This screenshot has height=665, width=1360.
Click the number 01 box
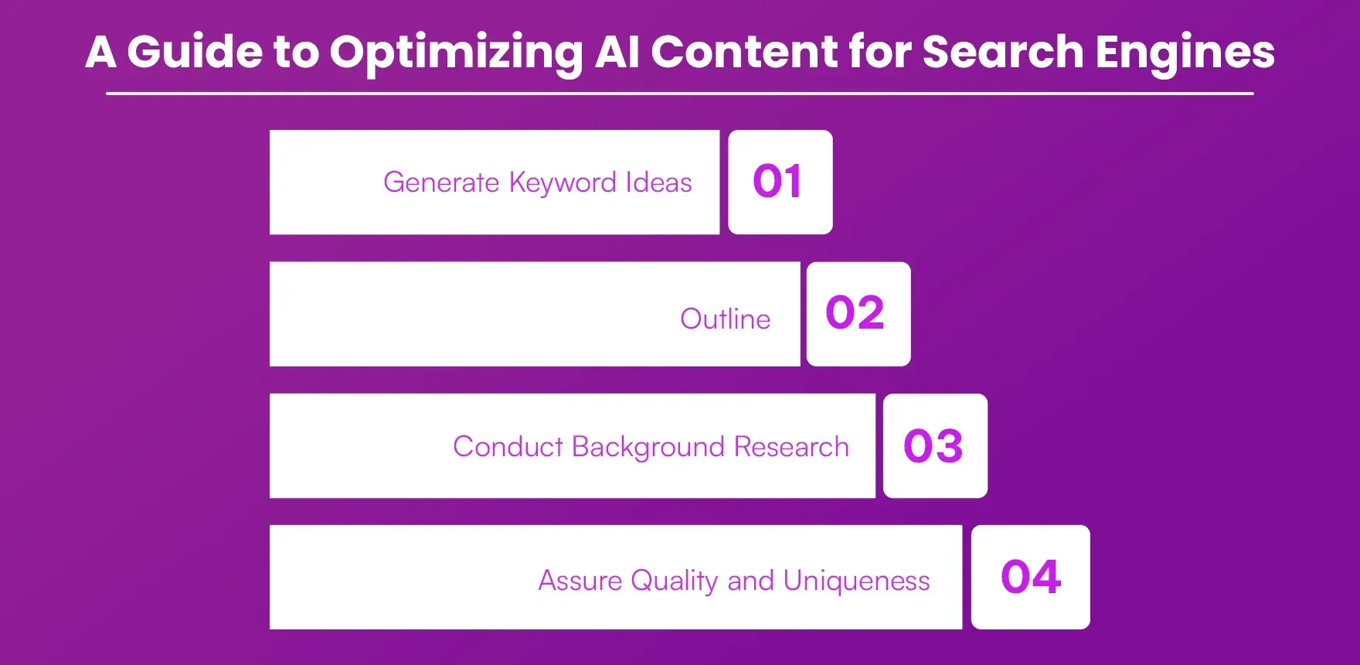[x=780, y=182]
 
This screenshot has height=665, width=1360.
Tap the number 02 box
[x=858, y=313]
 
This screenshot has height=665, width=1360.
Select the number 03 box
[x=934, y=446]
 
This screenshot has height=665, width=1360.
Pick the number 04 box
[x=1030, y=577]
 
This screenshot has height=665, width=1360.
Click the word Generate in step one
[x=441, y=182]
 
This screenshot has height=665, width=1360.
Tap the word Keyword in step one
[x=563, y=183]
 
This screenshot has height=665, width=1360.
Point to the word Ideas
[x=658, y=182]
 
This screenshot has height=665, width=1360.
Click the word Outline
[x=725, y=319]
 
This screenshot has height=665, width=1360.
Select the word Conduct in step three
[x=508, y=447]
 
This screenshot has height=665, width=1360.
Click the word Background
[x=648, y=448]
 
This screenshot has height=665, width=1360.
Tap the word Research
[x=791, y=447]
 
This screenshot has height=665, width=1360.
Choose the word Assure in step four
[x=580, y=580]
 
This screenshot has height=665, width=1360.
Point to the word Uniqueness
[x=856, y=580]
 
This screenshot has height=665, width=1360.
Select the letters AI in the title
[x=617, y=53]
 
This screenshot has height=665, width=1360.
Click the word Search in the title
[x=1002, y=53]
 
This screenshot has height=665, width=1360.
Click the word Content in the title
[x=743, y=53]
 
